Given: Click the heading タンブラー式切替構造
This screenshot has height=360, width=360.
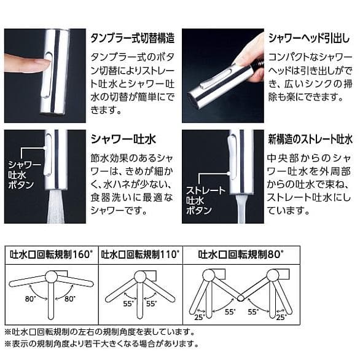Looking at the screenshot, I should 132,38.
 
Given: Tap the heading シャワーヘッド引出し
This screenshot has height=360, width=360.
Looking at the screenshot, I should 308,38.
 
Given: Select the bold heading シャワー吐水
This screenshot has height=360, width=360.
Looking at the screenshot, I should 120,138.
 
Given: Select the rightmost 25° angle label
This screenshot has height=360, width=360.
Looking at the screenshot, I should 282,317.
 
